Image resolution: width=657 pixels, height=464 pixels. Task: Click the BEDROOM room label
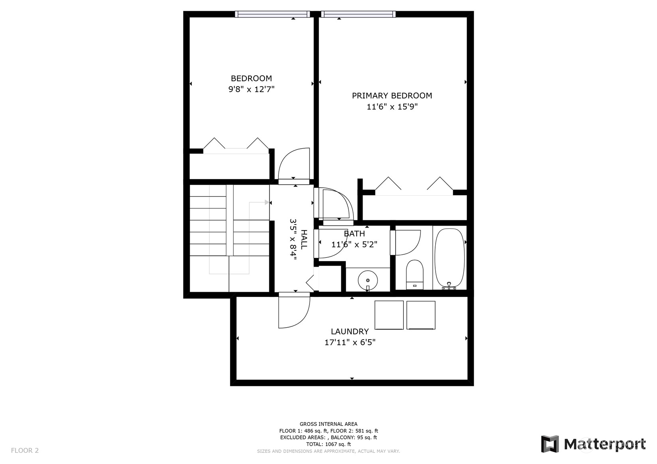click(251, 78)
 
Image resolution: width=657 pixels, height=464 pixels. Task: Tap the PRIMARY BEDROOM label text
click(392, 96)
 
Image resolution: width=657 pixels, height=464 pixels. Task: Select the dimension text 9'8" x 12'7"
click(251, 89)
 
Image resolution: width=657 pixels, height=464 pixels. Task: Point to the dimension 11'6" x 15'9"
click(392, 107)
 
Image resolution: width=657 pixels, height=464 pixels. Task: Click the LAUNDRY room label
click(349, 332)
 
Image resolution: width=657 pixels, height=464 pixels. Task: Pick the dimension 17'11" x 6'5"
click(349, 342)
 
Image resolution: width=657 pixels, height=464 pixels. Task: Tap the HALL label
click(304, 240)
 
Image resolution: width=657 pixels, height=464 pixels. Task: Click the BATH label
click(354, 234)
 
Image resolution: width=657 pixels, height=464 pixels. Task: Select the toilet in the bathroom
click(414, 275)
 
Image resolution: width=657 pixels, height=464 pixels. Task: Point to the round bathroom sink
click(367, 281)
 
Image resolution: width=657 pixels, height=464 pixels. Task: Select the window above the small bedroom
click(272, 14)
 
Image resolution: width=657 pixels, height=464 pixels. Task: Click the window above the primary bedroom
click(358, 14)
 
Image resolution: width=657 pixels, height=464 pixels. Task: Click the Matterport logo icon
click(550, 444)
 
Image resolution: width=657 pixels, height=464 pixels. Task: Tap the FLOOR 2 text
click(25, 450)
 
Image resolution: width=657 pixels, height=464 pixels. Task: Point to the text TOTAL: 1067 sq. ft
click(329, 444)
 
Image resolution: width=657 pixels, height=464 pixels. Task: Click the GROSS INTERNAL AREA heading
click(329, 424)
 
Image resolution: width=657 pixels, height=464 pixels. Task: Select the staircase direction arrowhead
click(267, 202)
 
